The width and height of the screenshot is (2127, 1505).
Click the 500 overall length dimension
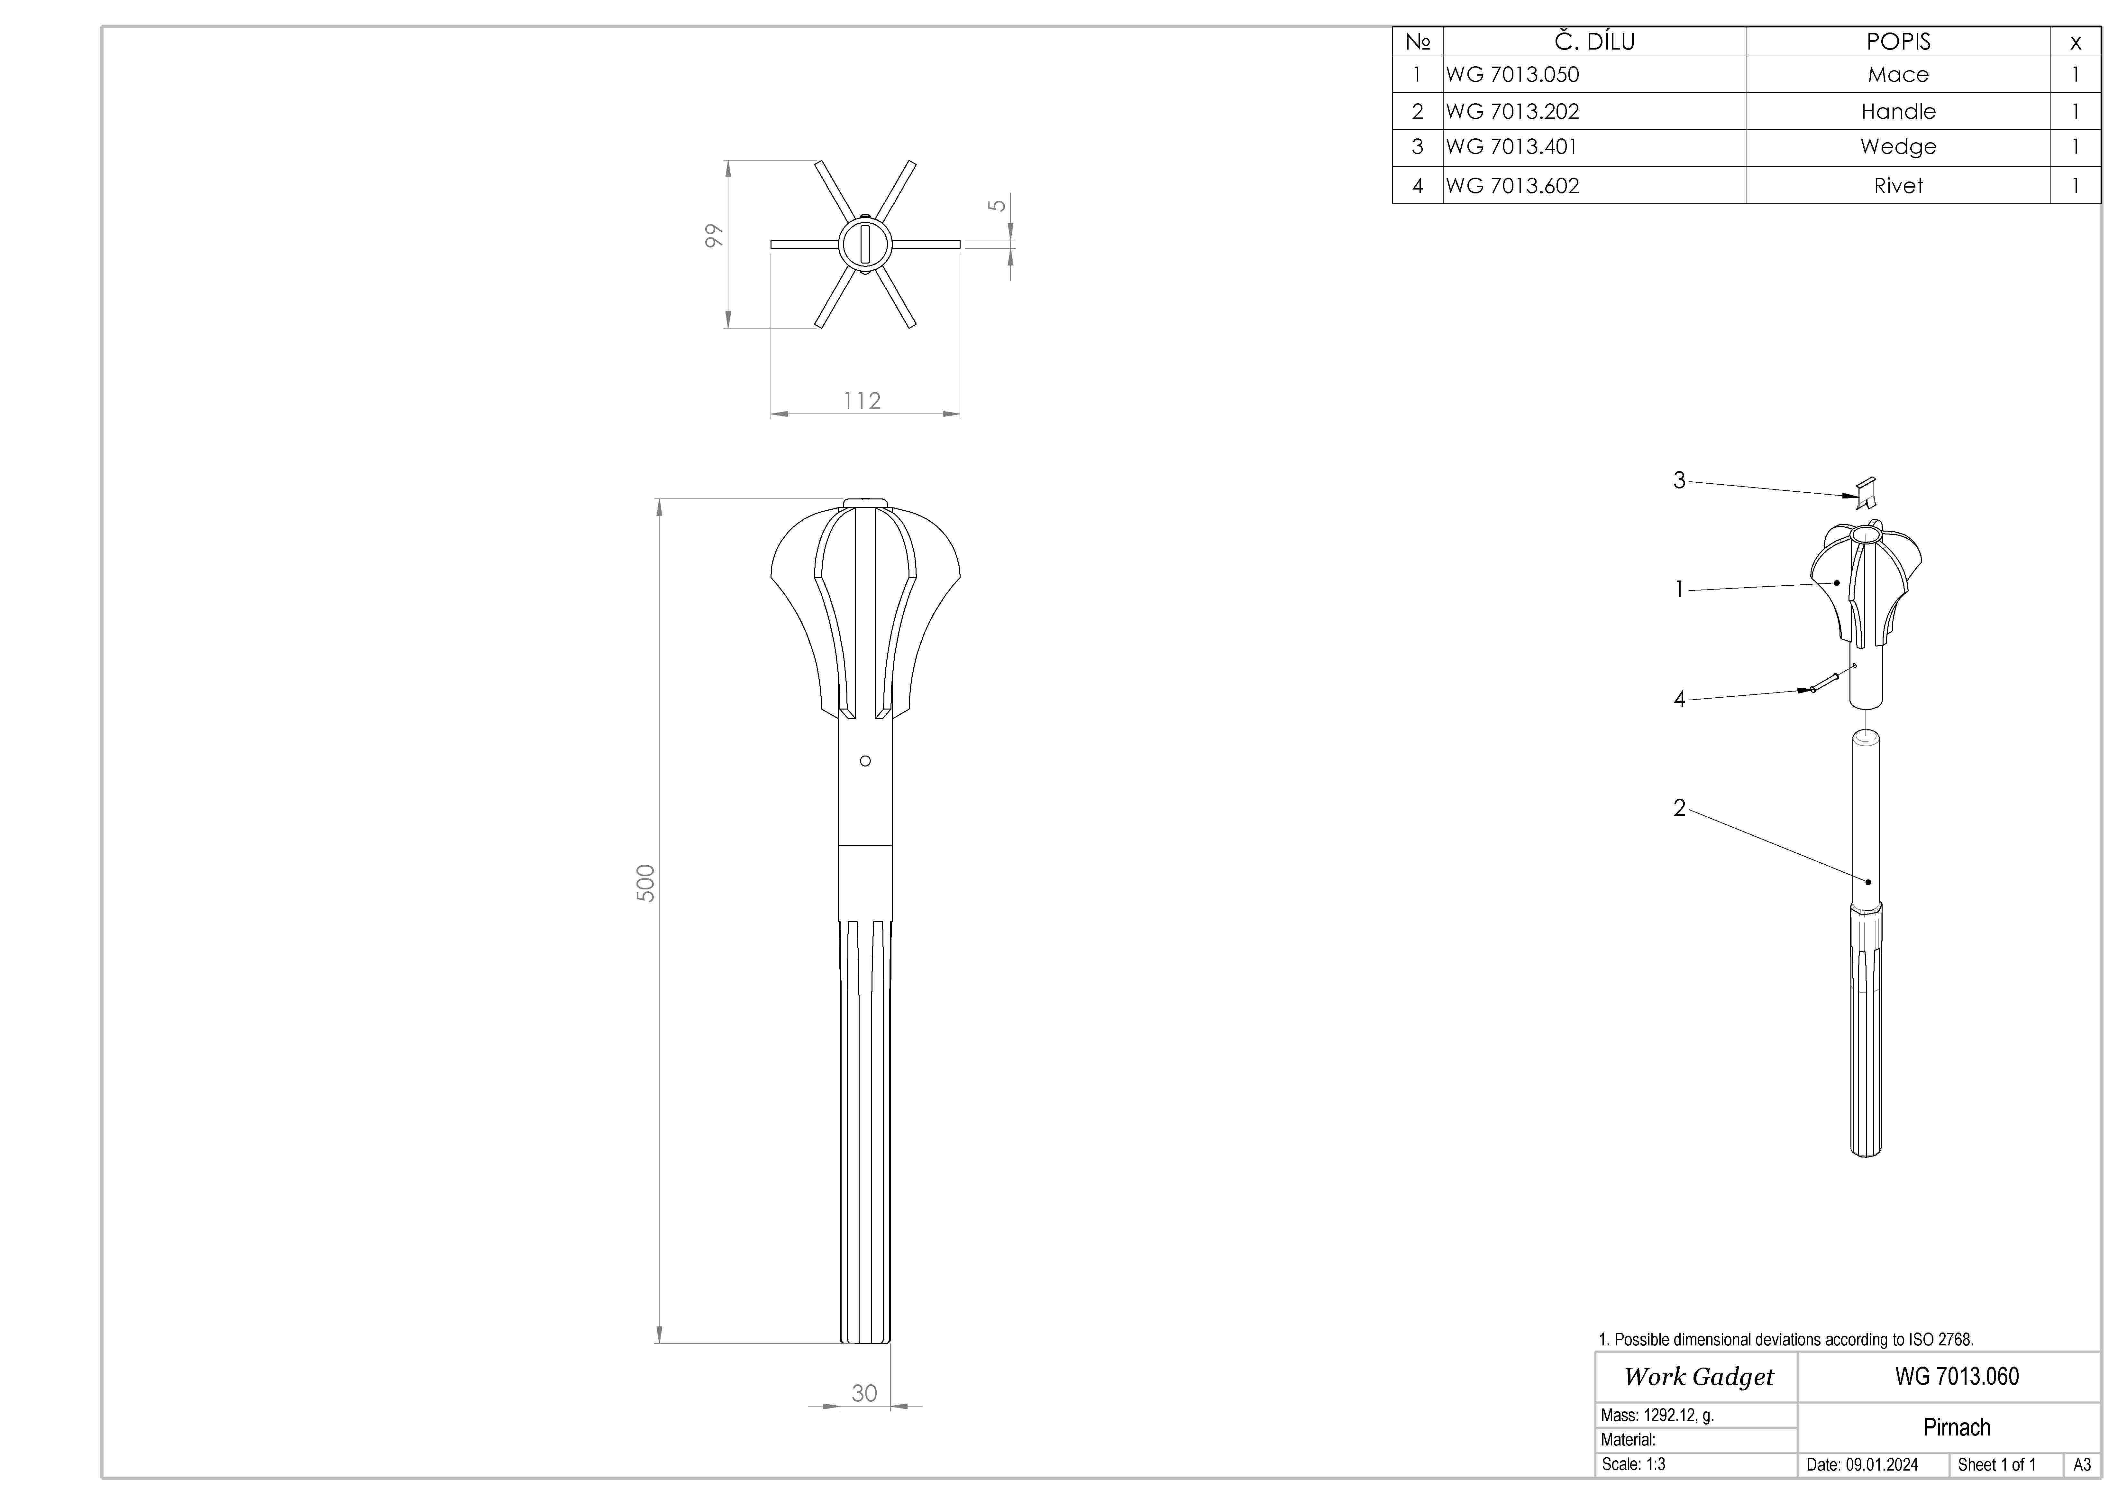click(646, 883)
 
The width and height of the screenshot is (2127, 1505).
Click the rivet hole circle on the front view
click(865, 761)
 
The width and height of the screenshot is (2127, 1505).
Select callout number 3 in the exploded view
click(1679, 480)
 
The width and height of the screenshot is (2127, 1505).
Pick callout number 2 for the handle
click(1679, 808)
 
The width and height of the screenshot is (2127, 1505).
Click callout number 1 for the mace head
click(1679, 590)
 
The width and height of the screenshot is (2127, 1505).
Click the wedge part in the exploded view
click(1866, 493)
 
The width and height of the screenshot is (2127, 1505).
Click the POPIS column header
click(1897, 42)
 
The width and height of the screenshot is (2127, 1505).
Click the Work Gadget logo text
click(1698, 1377)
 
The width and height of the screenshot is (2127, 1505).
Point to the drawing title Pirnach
click(1956, 1427)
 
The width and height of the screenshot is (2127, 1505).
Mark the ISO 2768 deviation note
click(1785, 1339)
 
